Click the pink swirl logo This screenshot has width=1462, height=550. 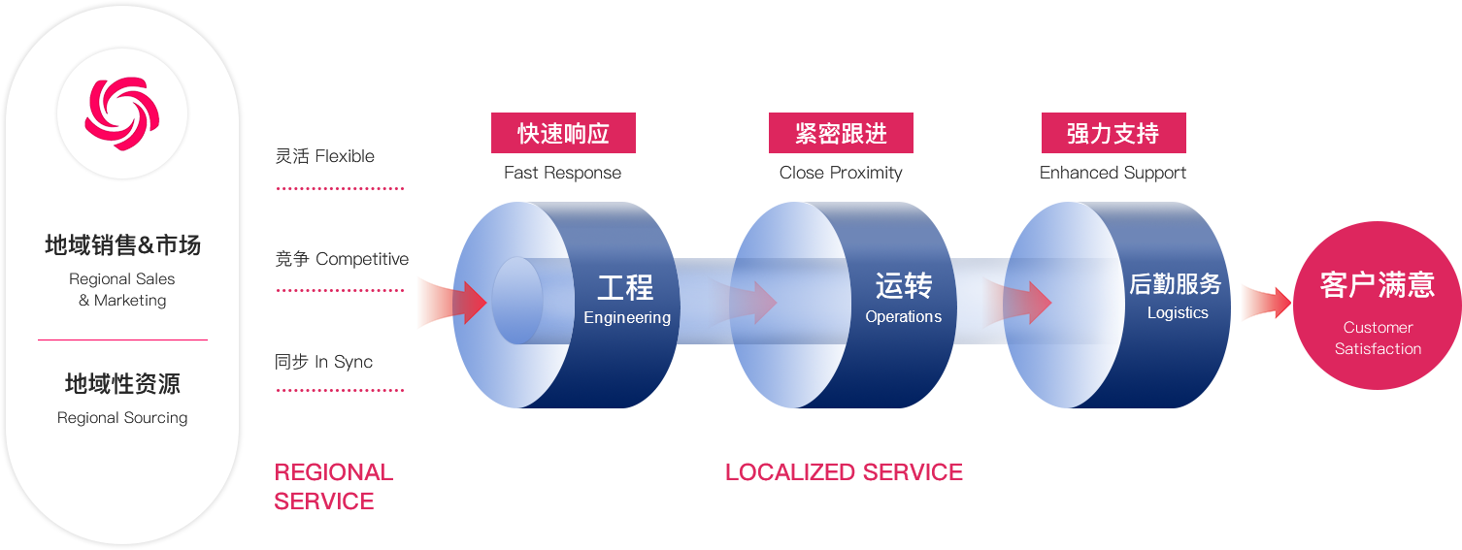(121, 113)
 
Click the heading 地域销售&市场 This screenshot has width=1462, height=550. (122, 245)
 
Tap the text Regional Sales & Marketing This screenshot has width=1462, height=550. (122, 289)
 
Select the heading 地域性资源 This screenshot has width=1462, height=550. (122, 384)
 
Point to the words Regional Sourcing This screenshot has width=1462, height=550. (122, 418)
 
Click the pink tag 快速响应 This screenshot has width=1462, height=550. (563, 133)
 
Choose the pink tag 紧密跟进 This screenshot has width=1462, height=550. (841, 133)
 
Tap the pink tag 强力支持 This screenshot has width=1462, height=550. (1113, 133)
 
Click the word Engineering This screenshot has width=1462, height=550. (627, 318)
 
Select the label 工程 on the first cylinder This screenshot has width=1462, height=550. (625, 287)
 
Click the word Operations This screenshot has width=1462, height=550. (903, 317)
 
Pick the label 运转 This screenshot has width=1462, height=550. (903, 285)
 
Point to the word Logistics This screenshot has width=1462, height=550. (1178, 313)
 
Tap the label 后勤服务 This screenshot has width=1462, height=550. (1175, 284)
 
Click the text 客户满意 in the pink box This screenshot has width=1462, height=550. (1377, 285)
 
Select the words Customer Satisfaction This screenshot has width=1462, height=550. (1378, 339)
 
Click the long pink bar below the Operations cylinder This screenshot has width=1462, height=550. (844, 471)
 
